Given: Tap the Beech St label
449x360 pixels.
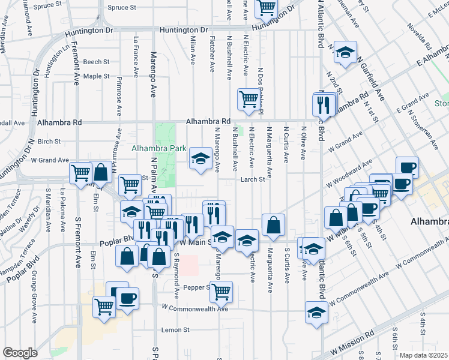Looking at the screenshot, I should point(96,62).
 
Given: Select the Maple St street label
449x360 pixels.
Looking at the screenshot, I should point(96,76).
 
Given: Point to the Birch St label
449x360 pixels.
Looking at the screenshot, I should point(49,142).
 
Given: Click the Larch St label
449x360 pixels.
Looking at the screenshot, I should point(253,179).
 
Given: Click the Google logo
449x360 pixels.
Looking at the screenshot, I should point(20,353).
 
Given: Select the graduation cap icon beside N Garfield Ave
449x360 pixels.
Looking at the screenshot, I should point(345,53).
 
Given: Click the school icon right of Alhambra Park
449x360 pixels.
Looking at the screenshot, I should point(200,158).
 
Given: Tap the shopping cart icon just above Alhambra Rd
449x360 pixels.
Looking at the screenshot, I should point(248,100).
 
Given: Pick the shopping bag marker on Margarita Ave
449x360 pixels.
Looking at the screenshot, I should point(273,226).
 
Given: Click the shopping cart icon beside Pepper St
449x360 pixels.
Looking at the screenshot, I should point(221,292).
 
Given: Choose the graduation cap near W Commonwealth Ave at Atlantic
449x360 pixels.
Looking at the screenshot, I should point(316,312).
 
